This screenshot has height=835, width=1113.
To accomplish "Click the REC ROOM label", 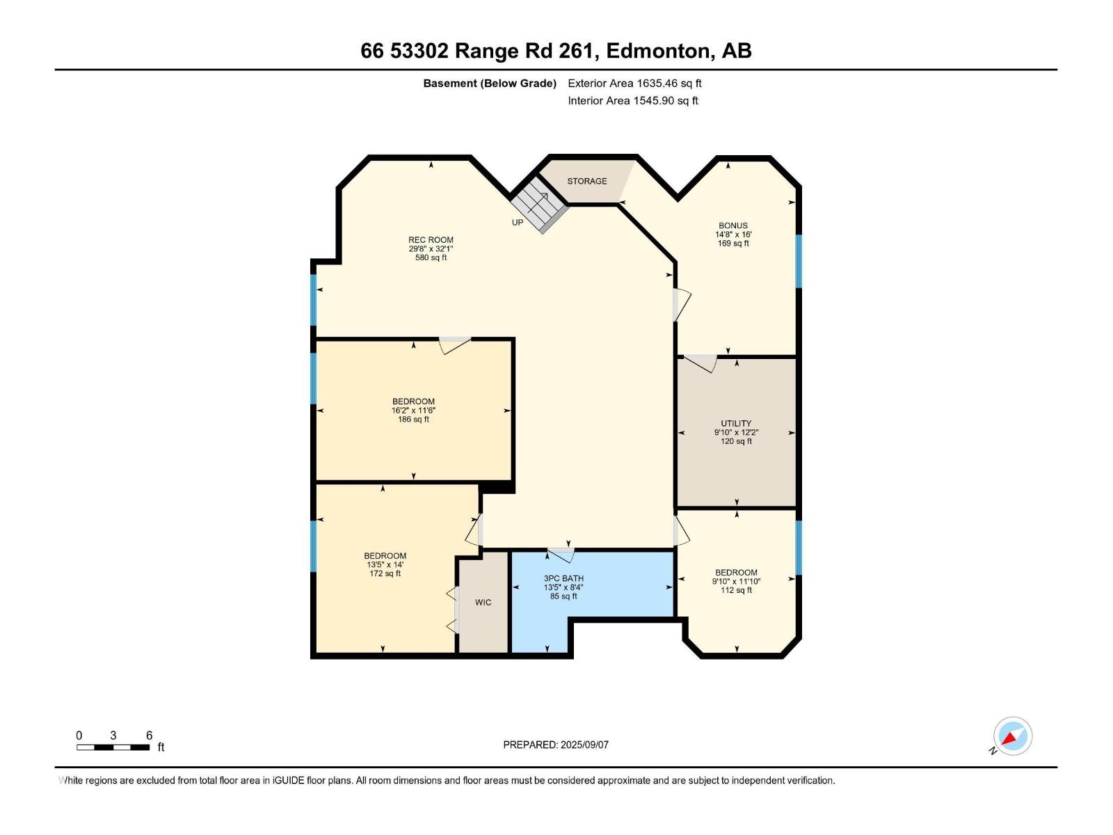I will coord(431,240).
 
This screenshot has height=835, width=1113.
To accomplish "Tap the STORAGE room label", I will coord(586,181).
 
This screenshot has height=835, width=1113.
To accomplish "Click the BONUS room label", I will coord(733,225).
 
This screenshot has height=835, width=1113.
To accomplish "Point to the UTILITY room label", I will coord(736,423).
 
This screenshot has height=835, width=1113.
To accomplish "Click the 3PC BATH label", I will coord(563,578).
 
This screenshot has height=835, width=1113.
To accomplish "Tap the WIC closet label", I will coord(483,603).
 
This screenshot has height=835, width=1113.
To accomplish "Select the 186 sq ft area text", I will coord(413,420).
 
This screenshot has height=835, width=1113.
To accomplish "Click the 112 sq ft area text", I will coord(736,590).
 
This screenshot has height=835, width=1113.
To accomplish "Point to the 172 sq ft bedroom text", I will coord(385,573).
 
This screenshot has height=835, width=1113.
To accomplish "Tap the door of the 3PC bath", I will coord(561,555).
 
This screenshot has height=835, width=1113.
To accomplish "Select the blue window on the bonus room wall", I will coord(799,261).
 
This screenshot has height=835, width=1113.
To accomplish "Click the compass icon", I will coord(1012,736).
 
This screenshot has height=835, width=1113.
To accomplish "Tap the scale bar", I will coord(113,747).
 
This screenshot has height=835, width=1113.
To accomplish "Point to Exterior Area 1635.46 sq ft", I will coord(634,83).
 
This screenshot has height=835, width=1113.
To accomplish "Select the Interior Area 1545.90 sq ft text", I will coord(632,101).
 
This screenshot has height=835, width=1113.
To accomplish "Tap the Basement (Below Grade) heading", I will coord(490,83).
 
